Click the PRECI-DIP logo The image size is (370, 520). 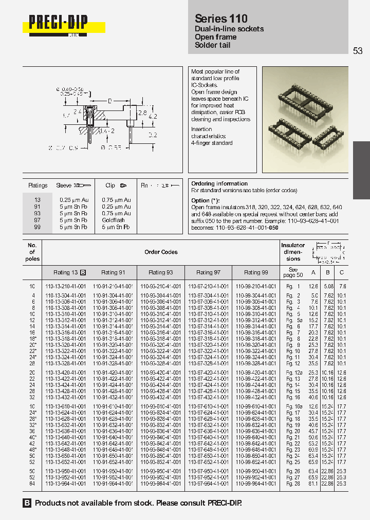(x=58, y=23)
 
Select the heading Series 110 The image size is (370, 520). (x=221, y=18)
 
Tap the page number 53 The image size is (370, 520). (x=358, y=50)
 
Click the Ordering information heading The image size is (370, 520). (x=219, y=183)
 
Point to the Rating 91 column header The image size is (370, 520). (x=113, y=272)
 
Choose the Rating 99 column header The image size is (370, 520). (x=255, y=272)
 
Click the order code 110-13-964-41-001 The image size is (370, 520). (x=69, y=484)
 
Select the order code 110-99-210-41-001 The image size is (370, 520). (x=256, y=286)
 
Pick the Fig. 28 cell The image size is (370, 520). (x=293, y=484)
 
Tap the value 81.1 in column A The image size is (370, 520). (x=313, y=484)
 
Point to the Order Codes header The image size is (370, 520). (x=161, y=252)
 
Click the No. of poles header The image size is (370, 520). (x=32, y=252)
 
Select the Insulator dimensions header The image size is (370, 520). (x=293, y=252)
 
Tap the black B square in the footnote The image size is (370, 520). (x=27, y=503)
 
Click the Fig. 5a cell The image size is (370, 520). (x=293, y=320)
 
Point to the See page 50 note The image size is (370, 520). (x=293, y=272)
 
